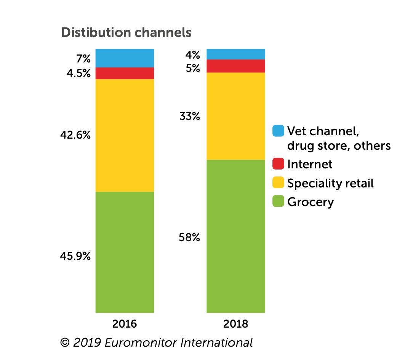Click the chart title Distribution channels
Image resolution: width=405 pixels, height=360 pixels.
point(126,33)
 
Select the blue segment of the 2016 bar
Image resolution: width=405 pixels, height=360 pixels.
point(125,58)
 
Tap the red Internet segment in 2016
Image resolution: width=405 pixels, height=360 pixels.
point(125,73)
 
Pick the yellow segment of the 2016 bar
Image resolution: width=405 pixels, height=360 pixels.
point(125,135)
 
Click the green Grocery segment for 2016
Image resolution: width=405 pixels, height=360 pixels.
point(125,252)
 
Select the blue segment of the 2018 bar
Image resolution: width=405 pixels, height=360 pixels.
point(235,54)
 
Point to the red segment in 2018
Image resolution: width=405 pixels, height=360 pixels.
point(235,66)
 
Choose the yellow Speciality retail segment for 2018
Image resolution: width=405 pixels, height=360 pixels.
point(235,116)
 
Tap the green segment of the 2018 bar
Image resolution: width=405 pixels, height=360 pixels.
point(235,236)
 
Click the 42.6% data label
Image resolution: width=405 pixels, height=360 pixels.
point(75,135)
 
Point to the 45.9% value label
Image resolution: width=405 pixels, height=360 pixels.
point(75,256)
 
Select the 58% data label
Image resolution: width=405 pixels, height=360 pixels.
point(189,238)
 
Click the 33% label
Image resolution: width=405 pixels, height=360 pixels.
point(189,116)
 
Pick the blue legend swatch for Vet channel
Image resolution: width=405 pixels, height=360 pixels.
point(279,131)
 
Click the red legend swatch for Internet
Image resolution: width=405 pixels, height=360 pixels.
point(279,164)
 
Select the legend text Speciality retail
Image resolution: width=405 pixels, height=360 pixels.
point(330,183)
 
